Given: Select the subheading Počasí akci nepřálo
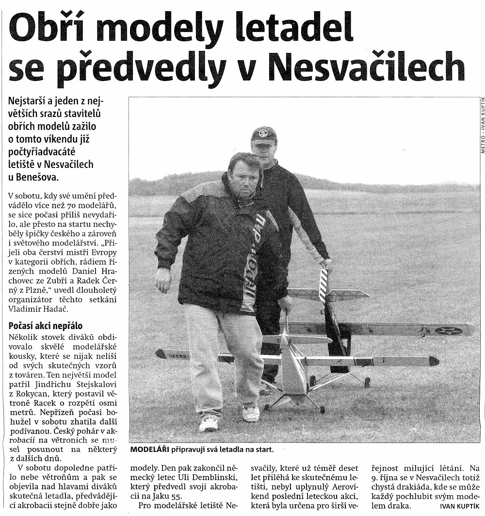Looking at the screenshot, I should [46, 326].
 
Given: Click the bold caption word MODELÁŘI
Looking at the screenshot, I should [149, 449].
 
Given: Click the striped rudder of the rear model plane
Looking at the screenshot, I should [323, 286].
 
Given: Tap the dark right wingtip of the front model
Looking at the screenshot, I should [434, 361].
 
